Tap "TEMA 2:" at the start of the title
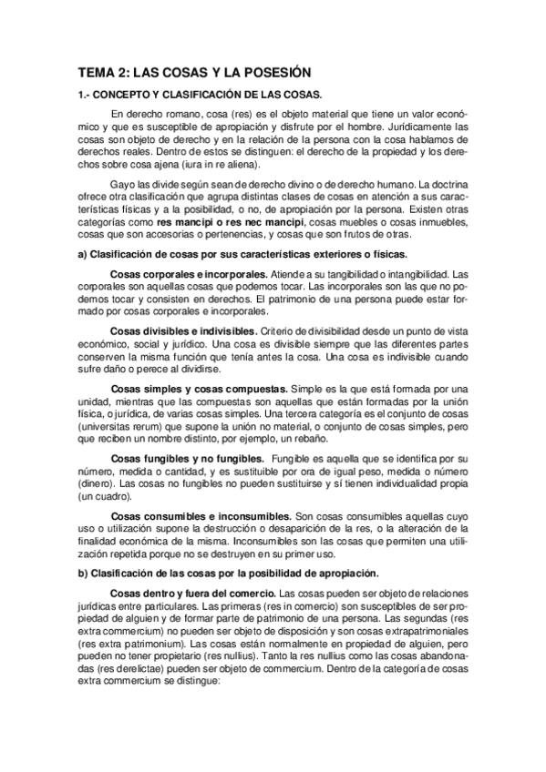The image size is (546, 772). (104, 72)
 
